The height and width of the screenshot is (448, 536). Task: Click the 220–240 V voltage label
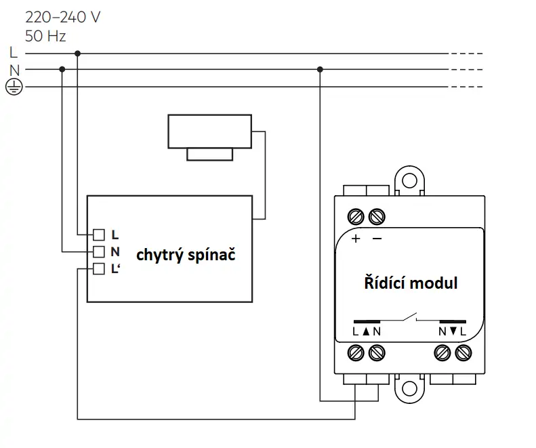(x=62, y=18)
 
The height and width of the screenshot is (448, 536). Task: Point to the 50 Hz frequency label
(x=45, y=36)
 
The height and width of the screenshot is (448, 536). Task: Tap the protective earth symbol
(x=14, y=87)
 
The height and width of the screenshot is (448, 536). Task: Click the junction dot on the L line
(x=78, y=54)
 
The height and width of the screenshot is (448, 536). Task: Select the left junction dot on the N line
(x=62, y=69)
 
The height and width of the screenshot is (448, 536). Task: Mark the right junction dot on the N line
(x=320, y=69)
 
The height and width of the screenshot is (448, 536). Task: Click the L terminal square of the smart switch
(x=99, y=235)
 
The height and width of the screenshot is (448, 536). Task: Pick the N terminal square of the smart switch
(x=99, y=252)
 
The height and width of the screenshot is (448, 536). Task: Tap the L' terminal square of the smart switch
(x=99, y=269)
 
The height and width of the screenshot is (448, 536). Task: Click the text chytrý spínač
(x=186, y=256)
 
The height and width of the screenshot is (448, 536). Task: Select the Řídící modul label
(x=411, y=283)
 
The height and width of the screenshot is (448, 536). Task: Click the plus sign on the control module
(x=356, y=239)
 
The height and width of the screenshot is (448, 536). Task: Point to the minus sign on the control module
(x=377, y=239)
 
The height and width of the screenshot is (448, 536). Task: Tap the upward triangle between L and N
(x=366, y=331)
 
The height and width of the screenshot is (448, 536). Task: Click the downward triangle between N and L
(x=453, y=331)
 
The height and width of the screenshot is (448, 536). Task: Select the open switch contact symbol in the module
(x=410, y=318)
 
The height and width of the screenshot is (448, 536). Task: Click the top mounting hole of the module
(x=409, y=180)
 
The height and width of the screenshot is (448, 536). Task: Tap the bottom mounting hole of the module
(x=409, y=388)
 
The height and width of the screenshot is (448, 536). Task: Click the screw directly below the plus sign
(x=356, y=216)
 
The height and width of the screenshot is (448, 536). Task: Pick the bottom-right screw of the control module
(x=463, y=353)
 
